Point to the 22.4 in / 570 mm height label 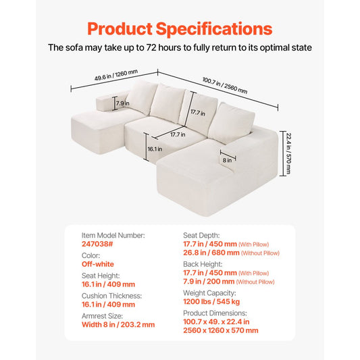click(x=287, y=153)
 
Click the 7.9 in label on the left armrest click(x=122, y=103)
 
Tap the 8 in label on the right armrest click(x=228, y=160)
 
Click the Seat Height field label click(x=101, y=275)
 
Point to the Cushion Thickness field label click(x=111, y=295)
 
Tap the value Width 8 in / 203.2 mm click(x=118, y=324)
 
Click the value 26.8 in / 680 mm click(x=212, y=253)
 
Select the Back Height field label click(x=204, y=264)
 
